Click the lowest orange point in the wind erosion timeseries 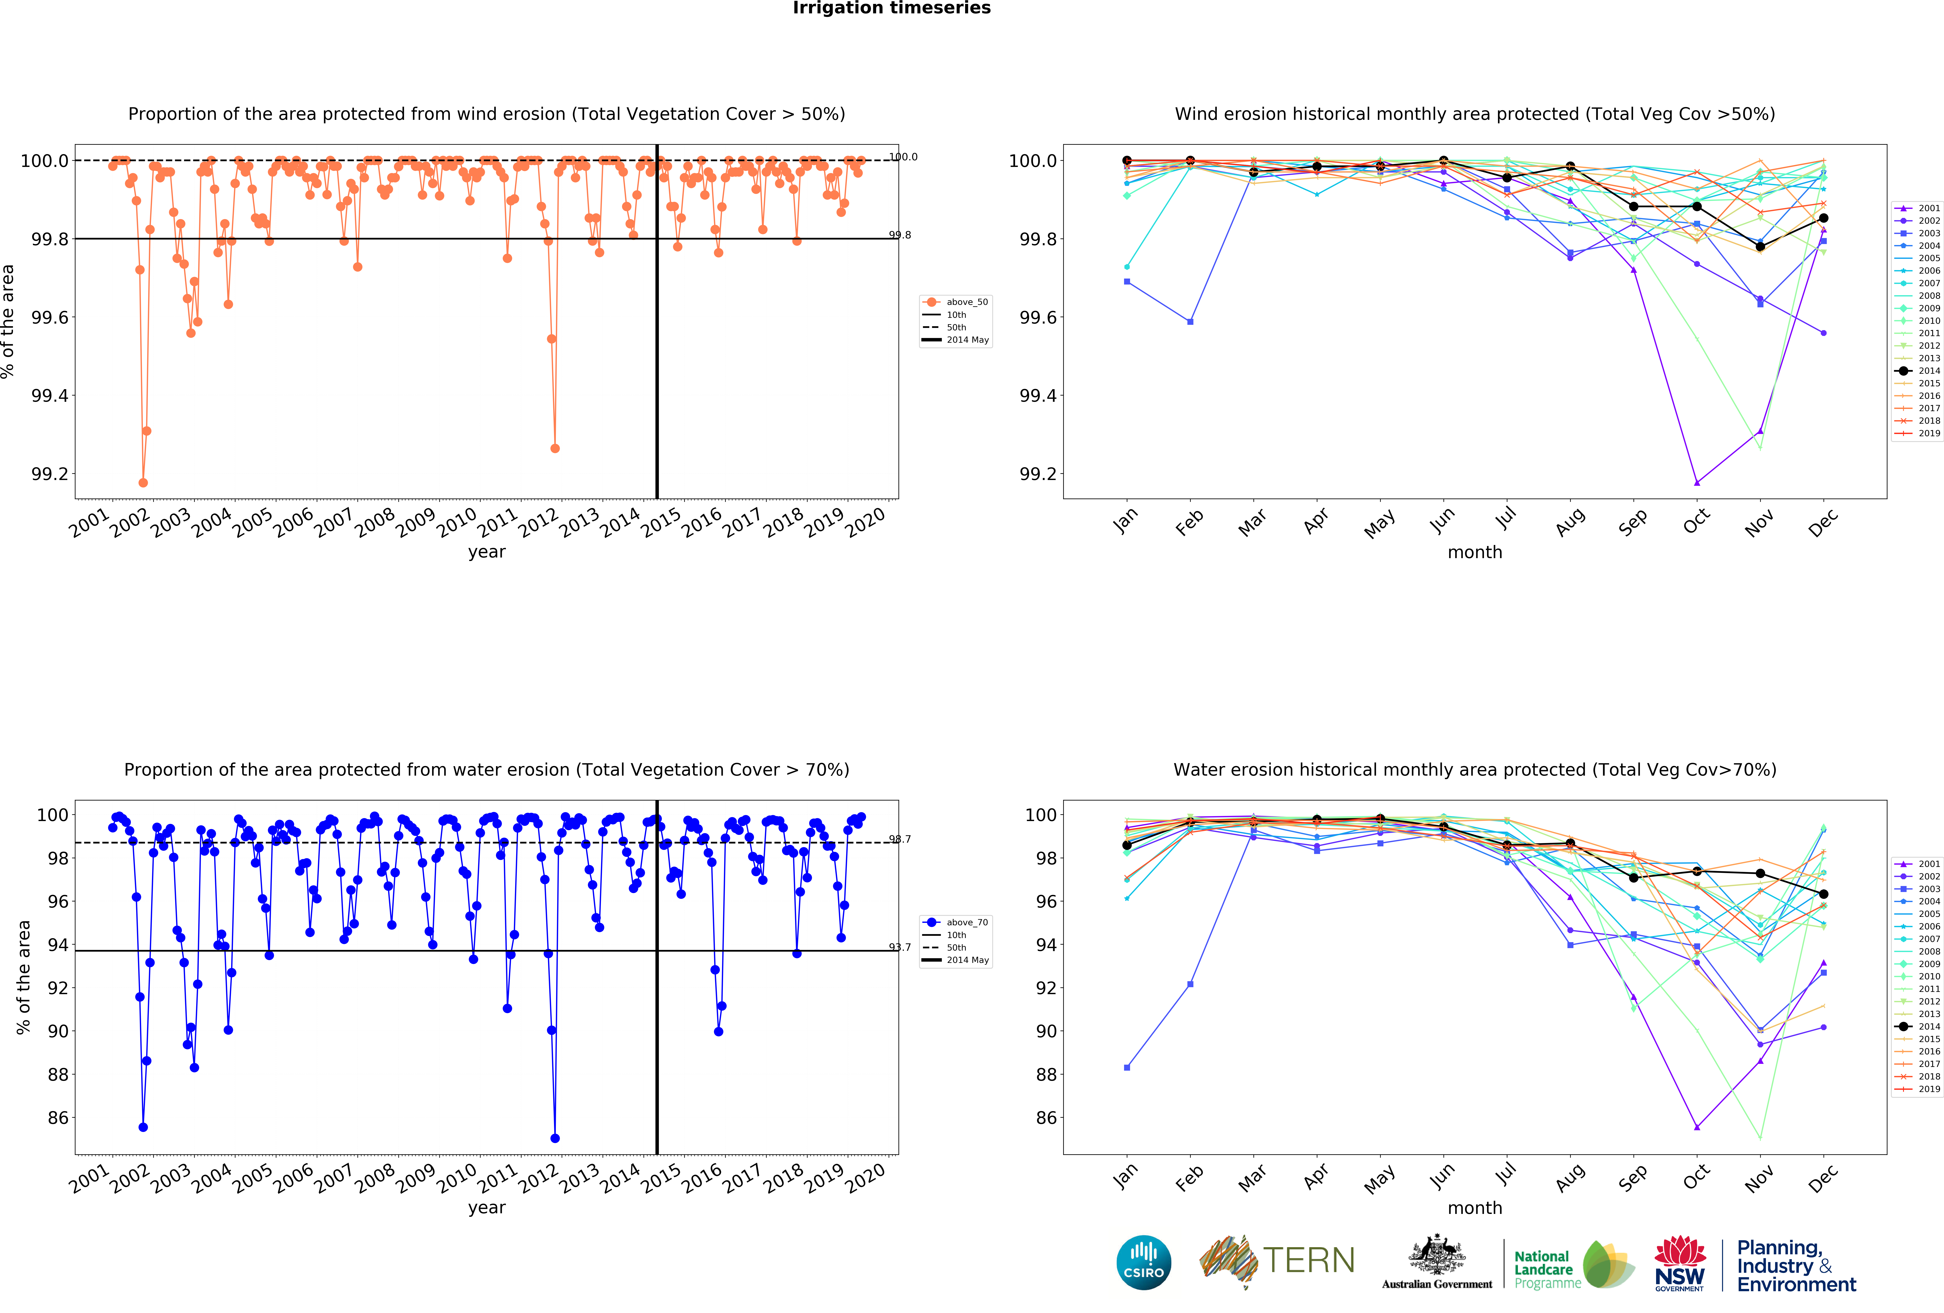coord(143,482)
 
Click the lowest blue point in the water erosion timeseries coord(555,1138)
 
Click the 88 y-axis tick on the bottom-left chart coord(58,1075)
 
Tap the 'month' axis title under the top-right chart coord(1475,552)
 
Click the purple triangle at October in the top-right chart coord(1696,482)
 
